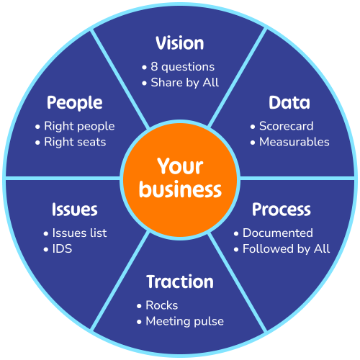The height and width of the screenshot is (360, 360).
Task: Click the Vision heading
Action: pyautogui.click(x=180, y=43)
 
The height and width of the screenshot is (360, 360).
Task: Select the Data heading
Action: pyautogui.click(x=289, y=102)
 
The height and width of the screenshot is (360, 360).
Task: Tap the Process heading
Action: pyautogui.click(x=282, y=210)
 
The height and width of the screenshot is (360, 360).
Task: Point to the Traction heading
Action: pyautogui.click(x=180, y=282)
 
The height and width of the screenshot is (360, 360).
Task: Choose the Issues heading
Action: pyautogui.click(x=75, y=210)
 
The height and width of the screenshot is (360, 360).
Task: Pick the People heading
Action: pyautogui.click(x=75, y=103)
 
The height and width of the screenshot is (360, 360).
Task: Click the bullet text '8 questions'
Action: pyautogui.click(x=182, y=67)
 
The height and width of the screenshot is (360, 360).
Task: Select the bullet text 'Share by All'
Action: pyautogui.click(x=185, y=83)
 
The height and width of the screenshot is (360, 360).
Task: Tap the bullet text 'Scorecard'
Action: pyautogui.click(x=287, y=126)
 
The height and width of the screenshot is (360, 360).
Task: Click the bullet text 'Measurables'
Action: pyautogui.click(x=294, y=142)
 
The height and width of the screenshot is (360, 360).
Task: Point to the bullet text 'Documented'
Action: pyautogui.click(x=278, y=233)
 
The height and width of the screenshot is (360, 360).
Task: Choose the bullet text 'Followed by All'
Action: pyautogui.click(x=287, y=249)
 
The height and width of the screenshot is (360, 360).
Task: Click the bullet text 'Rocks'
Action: pyautogui.click(x=162, y=305)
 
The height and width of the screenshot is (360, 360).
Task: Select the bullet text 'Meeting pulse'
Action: pyautogui.click(x=185, y=322)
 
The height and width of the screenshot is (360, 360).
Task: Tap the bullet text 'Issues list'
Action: pyautogui.click(x=79, y=233)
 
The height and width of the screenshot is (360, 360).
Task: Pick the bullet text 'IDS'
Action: pyautogui.click(x=62, y=249)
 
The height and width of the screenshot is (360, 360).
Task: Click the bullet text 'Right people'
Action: pyautogui.click(x=79, y=127)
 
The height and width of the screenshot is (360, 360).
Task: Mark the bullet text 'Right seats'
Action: pyautogui.click(x=75, y=143)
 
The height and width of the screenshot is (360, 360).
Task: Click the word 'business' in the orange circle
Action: pyautogui.click(x=180, y=189)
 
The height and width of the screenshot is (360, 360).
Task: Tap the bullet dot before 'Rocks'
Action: pyautogui.click(x=139, y=306)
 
